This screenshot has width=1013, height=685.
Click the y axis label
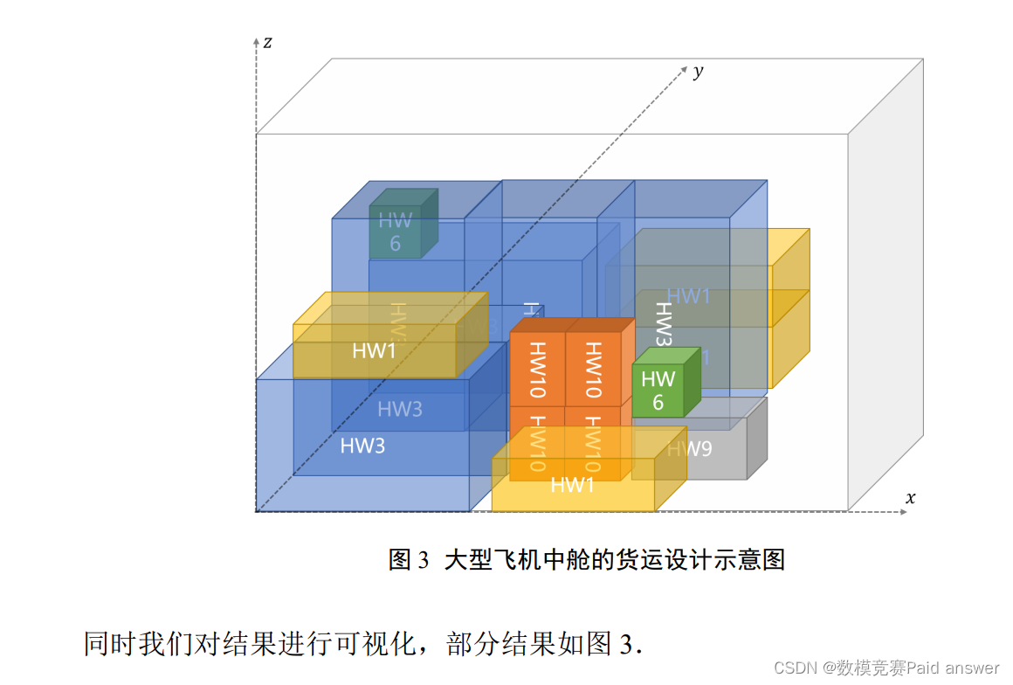point(698,72)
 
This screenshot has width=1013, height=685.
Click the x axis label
point(910,498)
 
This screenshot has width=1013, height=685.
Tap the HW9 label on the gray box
point(690,449)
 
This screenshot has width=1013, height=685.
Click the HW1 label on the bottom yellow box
point(572,485)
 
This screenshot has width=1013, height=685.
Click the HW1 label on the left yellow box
point(374,351)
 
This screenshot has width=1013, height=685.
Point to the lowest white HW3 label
point(362,446)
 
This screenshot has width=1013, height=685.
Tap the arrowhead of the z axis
point(256,41)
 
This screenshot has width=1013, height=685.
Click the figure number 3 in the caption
point(424,559)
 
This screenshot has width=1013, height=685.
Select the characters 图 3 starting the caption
point(410,559)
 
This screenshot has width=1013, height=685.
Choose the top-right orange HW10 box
point(593,369)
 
